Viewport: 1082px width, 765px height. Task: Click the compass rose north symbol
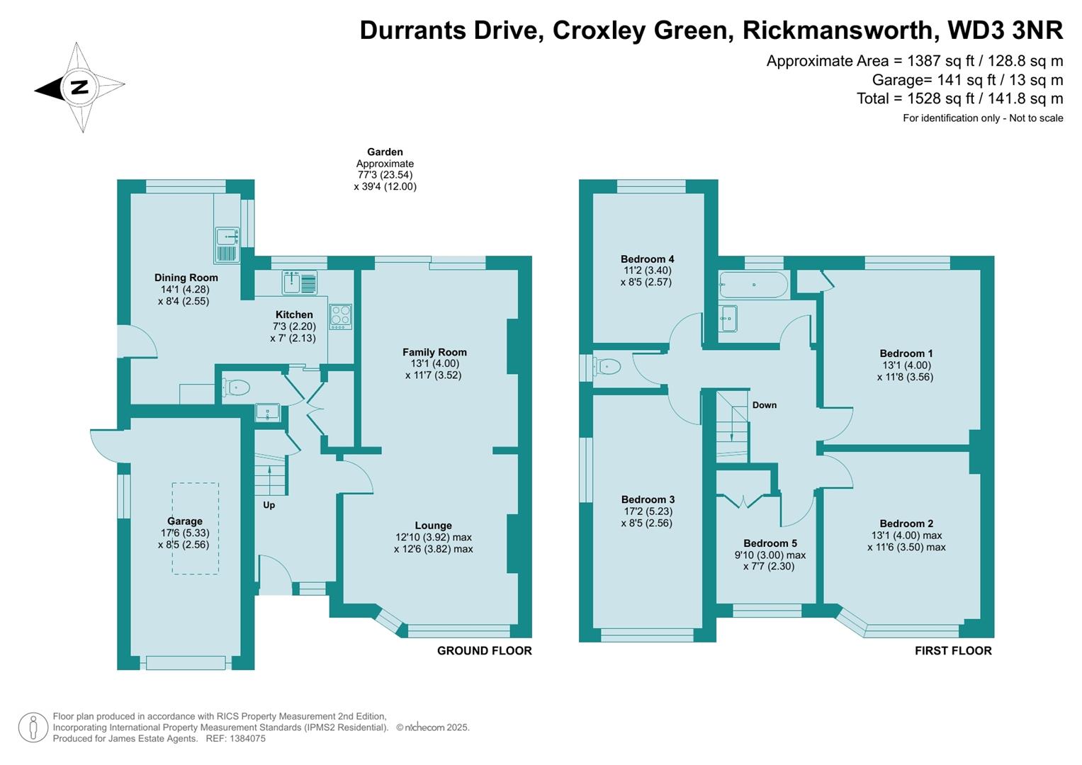point(79,88)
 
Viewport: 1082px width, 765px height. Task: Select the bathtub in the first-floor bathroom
point(753,285)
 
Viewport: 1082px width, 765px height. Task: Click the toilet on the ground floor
point(235,387)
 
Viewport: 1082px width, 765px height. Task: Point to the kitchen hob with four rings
point(341,317)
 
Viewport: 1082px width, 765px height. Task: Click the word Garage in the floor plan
point(184,521)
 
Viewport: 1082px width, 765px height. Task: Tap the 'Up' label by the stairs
point(269,505)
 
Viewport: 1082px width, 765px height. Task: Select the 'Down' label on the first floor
point(764,405)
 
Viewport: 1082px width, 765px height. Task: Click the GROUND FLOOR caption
point(484,650)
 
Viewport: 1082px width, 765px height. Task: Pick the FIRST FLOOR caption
point(952,650)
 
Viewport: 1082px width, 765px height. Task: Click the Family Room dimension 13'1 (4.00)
point(434,363)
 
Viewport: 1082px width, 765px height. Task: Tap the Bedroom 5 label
point(770,543)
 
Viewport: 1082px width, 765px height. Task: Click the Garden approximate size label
point(385,169)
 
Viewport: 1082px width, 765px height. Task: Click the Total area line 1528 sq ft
point(959,98)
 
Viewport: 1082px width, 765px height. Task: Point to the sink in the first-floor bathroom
point(728,319)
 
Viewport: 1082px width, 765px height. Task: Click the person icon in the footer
point(33,727)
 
